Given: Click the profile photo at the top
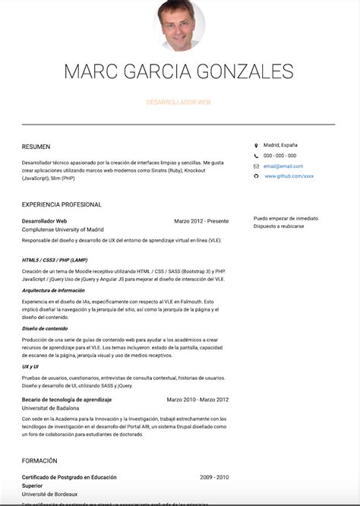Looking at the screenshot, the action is [179, 24].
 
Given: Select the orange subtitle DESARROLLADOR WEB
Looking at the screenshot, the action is [178, 101].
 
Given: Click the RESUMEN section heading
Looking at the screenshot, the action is [36, 147].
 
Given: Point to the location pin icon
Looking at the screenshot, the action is [256, 144].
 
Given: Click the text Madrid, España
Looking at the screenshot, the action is [280, 144].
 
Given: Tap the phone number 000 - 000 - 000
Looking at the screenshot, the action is [279, 156].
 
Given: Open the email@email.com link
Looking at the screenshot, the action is [283, 166].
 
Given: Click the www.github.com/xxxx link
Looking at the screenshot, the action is [289, 176].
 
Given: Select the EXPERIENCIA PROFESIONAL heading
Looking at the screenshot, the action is [62, 204].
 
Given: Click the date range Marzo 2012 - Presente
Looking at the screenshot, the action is [201, 221].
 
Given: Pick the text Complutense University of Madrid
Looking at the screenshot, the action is [63, 229].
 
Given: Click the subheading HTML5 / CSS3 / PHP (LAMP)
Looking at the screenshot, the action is [55, 260].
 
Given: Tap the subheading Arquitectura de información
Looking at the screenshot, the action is [53, 290].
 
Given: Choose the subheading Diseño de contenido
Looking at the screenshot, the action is [46, 328].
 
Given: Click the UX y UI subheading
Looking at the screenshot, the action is [31, 366].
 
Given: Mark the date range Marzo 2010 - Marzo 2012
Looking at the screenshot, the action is [197, 399].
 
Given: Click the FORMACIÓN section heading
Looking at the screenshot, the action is [39, 460].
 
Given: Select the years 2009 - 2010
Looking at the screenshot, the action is [214, 477].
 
